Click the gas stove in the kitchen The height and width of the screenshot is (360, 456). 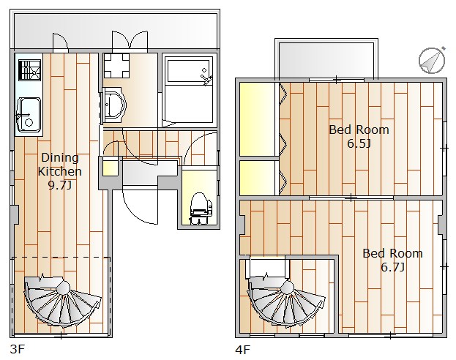(x=30, y=70)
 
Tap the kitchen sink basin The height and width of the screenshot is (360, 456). (x=29, y=115)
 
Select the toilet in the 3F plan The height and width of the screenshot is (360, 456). (x=201, y=209)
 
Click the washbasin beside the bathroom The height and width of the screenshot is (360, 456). (x=114, y=105)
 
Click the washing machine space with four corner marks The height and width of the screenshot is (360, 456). (x=116, y=65)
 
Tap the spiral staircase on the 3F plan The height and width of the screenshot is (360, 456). (x=62, y=301)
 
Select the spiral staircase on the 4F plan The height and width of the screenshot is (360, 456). (x=286, y=302)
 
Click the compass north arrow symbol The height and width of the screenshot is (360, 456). (x=432, y=60)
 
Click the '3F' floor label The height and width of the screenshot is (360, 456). (x=17, y=349)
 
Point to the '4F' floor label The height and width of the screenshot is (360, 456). (x=242, y=350)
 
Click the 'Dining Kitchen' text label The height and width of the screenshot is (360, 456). (x=59, y=165)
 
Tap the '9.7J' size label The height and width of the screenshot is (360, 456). (x=59, y=185)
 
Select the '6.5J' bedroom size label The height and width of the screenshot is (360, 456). (x=359, y=143)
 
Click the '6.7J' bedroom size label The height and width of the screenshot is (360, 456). (x=392, y=267)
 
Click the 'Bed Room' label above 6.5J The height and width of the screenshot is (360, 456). (x=359, y=130)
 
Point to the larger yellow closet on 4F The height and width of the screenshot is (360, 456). (x=257, y=119)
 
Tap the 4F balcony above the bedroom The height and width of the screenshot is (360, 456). (x=326, y=60)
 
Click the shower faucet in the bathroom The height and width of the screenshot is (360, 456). (x=206, y=78)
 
